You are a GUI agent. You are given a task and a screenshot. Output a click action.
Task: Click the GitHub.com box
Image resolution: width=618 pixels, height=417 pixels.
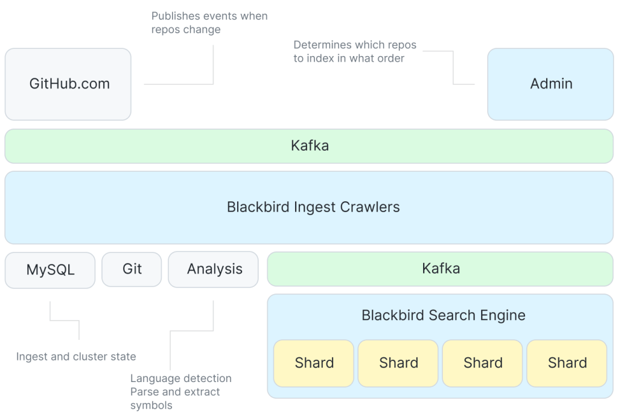click(68, 84)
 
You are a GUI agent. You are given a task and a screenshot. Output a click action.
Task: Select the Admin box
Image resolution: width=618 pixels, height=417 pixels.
click(550, 84)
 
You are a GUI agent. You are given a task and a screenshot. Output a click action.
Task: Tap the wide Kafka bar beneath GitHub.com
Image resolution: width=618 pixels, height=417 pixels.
click(309, 146)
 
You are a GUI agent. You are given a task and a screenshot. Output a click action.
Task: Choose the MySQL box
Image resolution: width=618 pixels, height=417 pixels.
click(50, 269)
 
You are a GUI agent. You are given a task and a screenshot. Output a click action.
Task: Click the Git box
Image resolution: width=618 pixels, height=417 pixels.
click(132, 269)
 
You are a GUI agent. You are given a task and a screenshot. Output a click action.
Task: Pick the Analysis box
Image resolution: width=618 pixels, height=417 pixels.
click(214, 269)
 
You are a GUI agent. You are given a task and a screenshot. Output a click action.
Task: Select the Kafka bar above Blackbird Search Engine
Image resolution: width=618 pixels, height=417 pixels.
click(440, 269)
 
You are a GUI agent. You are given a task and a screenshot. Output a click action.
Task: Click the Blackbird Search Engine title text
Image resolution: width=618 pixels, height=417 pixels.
click(443, 315)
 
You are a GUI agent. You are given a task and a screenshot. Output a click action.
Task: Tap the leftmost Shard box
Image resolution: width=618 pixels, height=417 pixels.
click(314, 363)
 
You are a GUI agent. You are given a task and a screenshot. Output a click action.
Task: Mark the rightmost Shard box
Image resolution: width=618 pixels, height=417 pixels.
click(567, 363)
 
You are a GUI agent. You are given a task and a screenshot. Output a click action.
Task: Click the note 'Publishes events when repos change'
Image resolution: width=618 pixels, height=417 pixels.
click(209, 23)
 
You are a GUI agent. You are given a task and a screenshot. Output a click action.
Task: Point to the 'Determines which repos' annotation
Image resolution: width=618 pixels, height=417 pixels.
click(354, 45)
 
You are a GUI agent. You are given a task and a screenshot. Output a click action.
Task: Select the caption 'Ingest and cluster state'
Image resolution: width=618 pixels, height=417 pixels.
click(76, 357)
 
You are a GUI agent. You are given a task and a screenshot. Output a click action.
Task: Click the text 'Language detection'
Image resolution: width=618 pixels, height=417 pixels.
click(180, 378)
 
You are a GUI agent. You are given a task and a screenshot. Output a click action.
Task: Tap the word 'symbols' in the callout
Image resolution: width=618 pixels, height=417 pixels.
click(151, 406)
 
